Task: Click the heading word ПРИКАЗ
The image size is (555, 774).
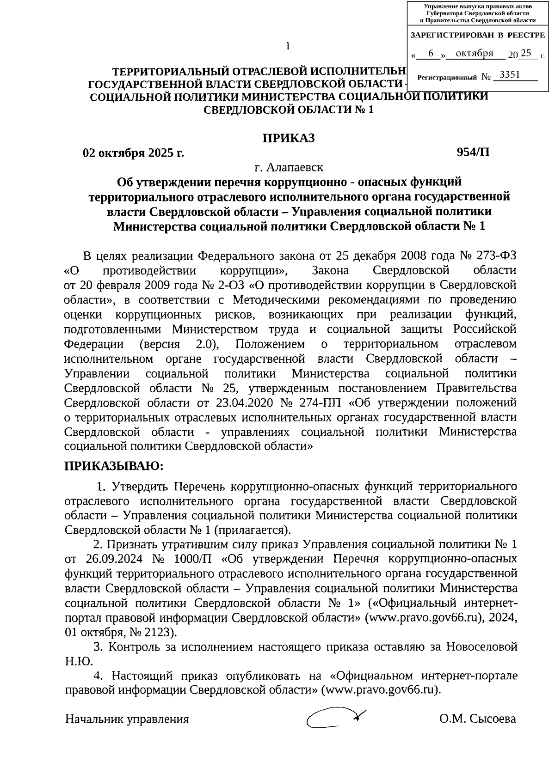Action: (289, 138)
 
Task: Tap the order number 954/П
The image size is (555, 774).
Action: (473, 152)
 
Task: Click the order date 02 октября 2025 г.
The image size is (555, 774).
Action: (133, 152)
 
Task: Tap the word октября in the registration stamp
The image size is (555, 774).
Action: (475, 54)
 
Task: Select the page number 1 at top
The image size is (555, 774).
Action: (288, 46)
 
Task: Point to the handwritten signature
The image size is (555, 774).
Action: (335, 718)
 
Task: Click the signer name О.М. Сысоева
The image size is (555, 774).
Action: (478, 719)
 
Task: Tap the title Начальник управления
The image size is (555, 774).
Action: (127, 719)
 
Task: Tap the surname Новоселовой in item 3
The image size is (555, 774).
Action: (481, 647)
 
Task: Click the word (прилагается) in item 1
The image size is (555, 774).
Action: (252, 530)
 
